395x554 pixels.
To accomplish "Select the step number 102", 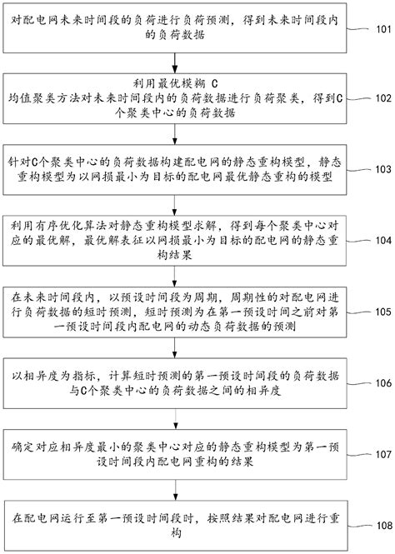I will (380, 97).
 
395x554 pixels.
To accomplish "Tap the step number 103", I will (380, 169).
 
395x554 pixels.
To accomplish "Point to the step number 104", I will (380, 240).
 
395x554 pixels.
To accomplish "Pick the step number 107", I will (380, 455).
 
